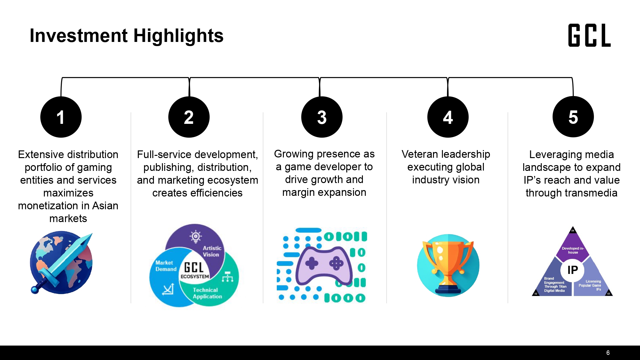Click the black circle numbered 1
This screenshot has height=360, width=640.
pyautogui.click(x=61, y=117)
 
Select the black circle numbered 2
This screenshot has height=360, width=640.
pyautogui.click(x=189, y=117)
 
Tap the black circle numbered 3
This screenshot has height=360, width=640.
pyautogui.click(x=322, y=117)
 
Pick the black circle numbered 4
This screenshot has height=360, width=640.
pyautogui.click(x=448, y=117)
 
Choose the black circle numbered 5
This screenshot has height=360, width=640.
pyautogui.click(x=573, y=117)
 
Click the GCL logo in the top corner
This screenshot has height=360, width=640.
pyautogui.click(x=589, y=35)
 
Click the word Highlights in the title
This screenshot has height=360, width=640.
pyautogui.click(x=178, y=36)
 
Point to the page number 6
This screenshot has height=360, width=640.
pyautogui.click(x=608, y=353)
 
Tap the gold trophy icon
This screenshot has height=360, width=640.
pyautogui.click(x=448, y=266)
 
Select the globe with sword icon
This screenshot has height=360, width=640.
pyautogui.click(x=61, y=262)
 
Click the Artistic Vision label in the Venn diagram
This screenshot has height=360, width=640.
pyautogui.click(x=212, y=251)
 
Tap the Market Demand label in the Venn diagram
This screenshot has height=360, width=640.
pyautogui.click(x=166, y=266)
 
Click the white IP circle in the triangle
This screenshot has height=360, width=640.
pyautogui.click(x=573, y=270)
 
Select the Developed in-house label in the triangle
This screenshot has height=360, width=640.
pyautogui.click(x=573, y=250)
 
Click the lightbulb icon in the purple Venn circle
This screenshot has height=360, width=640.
pyautogui.click(x=196, y=236)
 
